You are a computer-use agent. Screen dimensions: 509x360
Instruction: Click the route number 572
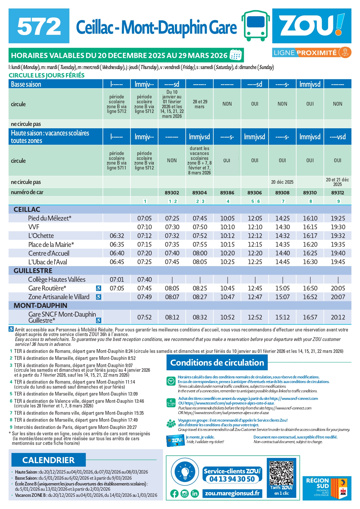click(x=39, y=26)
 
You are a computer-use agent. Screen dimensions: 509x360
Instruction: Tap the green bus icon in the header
click(x=256, y=26)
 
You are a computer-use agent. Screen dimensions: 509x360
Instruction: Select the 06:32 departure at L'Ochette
click(x=117, y=236)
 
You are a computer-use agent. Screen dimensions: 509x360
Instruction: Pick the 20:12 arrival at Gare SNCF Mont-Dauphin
click(x=338, y=317)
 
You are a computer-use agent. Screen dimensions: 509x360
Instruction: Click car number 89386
click(x=227, y=193)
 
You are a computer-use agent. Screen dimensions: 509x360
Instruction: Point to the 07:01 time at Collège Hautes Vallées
click(x=117, y=280)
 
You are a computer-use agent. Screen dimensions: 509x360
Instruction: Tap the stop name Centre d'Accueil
click(x=49, y=253)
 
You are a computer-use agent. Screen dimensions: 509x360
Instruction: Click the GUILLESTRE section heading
click(x=33, y=271)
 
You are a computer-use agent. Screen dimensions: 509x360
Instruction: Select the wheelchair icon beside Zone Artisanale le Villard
click(x=99, y=297)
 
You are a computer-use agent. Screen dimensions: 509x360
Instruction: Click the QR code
click(x=281, y=473)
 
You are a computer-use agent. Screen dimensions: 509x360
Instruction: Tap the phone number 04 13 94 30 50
click(x=232, y=479)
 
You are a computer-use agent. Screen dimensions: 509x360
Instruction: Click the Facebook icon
click(x=174, y=493)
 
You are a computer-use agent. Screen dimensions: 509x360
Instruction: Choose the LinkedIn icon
click(x=194, y=493)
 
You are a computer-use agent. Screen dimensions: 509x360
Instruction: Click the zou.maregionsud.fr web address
click(x=232, y=493)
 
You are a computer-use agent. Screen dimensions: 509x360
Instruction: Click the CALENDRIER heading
click(x=48, y=460)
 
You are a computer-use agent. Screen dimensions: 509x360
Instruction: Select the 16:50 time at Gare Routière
click(x=310, y=288)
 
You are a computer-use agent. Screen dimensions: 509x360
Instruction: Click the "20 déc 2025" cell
click(x=282, y=182)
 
